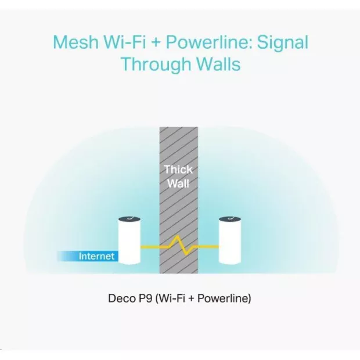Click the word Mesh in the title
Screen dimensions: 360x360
tap(75, 42)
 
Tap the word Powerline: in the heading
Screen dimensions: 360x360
tap(209, 42)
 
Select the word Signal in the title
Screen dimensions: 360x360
tap(282, 44)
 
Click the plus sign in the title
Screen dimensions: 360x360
tap(156, 43)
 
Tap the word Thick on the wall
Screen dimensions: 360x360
tap(178, 170)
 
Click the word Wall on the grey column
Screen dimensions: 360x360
tap(178, 183)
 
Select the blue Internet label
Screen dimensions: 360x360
tap(88, 256)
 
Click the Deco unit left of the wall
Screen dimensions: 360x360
tap(129, 240)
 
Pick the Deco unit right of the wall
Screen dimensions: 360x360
tap(230, 240)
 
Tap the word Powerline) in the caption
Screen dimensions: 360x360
tap(224, 298)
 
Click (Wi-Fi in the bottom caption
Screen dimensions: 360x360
tap(170, 298)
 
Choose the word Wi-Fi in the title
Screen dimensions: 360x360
tap(125, 42)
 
